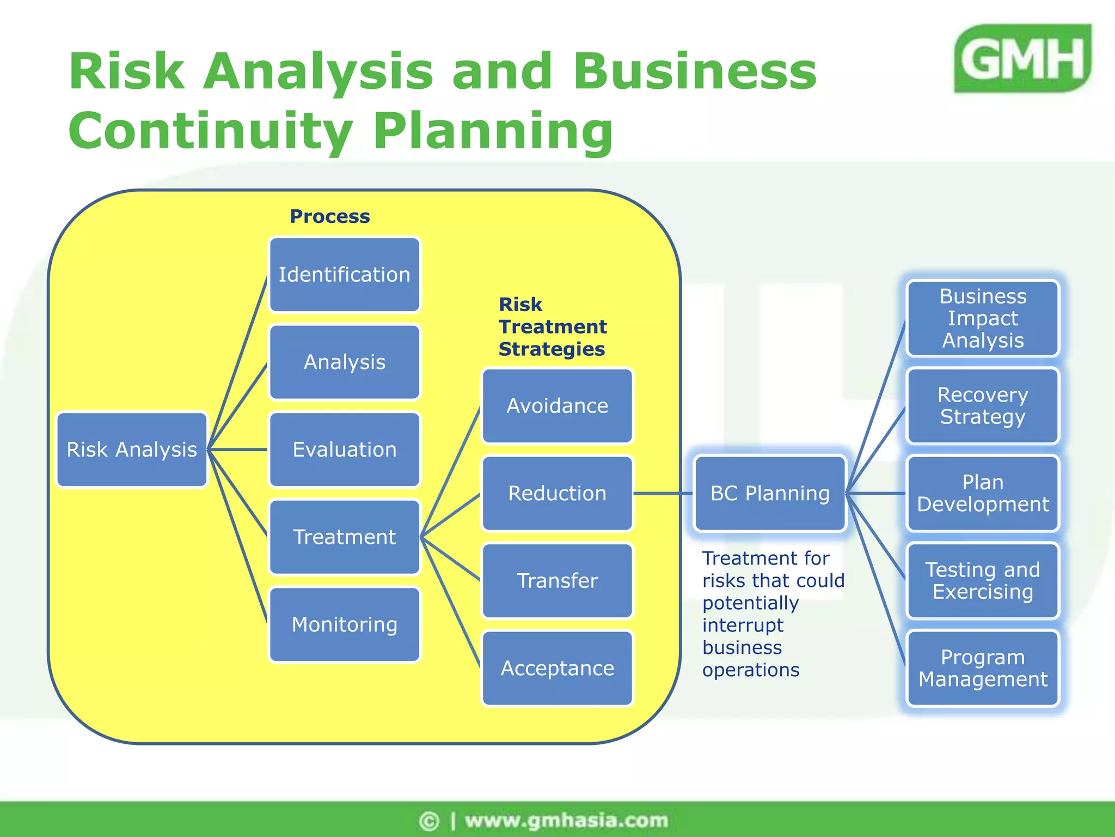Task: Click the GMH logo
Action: (1022, 58)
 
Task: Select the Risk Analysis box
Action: (132, 450)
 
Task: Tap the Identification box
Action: (345, 275)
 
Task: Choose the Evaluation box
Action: (345, 450)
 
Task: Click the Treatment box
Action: (345, 537)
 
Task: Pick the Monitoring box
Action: (345, 624)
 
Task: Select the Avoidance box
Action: (557, 406)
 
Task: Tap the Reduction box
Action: (557, 493)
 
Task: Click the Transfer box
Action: (557, 581)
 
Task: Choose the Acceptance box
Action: (557, 668)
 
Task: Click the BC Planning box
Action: (770, 493)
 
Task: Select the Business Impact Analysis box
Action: (983, 318)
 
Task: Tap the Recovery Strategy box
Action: (983, 406)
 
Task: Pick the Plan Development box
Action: (983, 493)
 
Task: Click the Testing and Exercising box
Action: (983, 581)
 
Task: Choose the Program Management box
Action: (983, 668)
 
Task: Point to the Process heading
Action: (330, 216)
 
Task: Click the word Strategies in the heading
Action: (552, 349)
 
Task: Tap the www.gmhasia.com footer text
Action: (566, 820)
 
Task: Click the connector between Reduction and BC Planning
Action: (663, 493)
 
